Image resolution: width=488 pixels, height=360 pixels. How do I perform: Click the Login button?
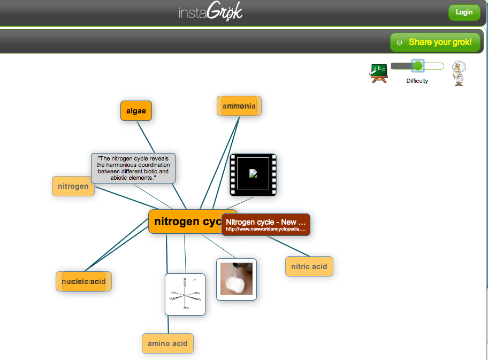[x=464, y=12]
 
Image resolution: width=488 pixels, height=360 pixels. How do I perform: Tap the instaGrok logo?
[x=210, y=12]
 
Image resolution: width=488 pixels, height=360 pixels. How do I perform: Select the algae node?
[x=136, y=111]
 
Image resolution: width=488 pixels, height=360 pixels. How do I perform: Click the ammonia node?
[x=239, y=106]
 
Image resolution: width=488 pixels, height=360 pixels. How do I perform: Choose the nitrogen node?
[x=73, y=186]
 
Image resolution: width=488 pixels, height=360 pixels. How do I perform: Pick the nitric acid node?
[x=309, y=266]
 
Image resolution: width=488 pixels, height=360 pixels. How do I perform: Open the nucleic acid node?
[x=83, y=281]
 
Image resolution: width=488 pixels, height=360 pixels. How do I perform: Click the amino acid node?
[x=167, y=343]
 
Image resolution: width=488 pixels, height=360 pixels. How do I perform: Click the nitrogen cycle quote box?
[x=133, y=168]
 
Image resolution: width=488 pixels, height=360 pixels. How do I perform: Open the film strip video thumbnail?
[x=253, y=175]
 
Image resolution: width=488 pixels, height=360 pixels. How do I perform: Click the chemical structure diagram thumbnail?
[x=185, y=294]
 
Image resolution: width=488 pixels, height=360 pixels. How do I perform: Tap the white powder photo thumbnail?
[x=236, y=279]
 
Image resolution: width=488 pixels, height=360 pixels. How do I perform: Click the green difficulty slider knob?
[x=418, y=66]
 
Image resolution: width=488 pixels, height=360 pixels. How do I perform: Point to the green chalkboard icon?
[x=378, y=72]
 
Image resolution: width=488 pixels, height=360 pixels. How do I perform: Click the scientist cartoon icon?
[x=457, y=73]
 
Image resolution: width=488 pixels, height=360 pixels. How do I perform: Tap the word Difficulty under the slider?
[x=417, y=81]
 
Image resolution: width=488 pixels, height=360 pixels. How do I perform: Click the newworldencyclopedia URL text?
[x=265, y=229]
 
